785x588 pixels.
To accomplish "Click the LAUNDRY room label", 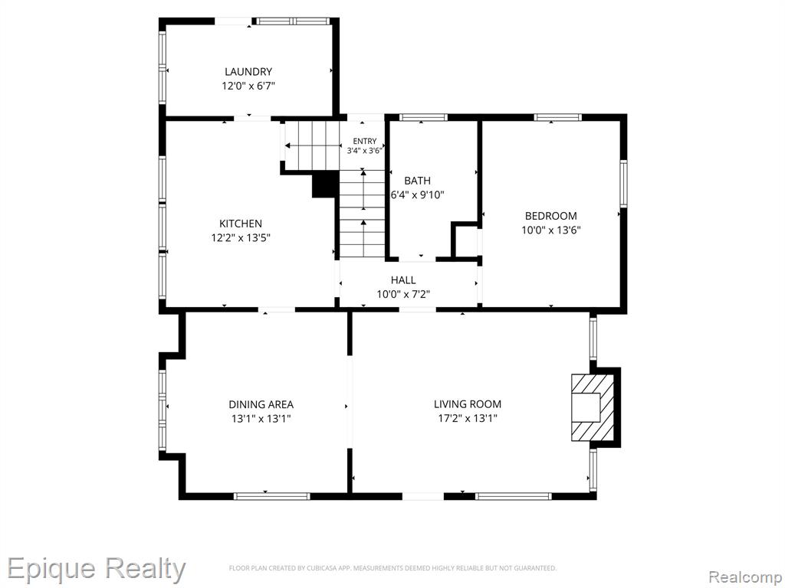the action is (248, 71).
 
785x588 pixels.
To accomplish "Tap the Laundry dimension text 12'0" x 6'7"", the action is (248, 86).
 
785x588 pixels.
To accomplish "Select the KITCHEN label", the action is (240, 224).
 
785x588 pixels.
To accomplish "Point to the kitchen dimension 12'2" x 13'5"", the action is (240, 238).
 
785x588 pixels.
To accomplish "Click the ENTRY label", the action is (364, 142).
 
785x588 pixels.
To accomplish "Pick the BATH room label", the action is (417, 181).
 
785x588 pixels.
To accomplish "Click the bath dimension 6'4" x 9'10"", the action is (417, 195).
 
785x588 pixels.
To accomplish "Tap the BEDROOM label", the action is (550, 216).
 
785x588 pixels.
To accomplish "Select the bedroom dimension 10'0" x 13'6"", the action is (550, 230).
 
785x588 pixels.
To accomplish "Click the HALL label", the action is (403, 280).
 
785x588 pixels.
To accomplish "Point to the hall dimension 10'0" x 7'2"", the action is (403, 295).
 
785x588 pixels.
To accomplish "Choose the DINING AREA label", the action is (261, 404).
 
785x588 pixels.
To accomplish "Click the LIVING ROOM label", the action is (468, 404).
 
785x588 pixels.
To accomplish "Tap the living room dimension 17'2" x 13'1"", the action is (468, 419).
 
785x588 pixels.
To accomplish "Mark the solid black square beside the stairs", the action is (324, 185).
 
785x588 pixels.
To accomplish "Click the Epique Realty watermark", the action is (96, 570).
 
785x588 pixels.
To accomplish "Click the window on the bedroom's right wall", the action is (623, 184).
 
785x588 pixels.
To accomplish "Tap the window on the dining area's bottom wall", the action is (272, 496).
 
